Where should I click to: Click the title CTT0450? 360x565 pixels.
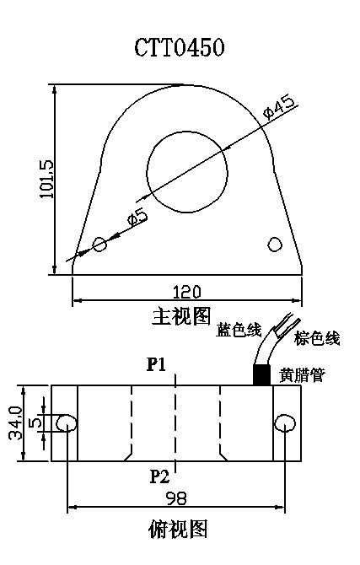180,47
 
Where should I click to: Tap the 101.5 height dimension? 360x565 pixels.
46,179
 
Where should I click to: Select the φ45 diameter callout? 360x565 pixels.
281,107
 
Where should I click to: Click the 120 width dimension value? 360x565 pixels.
186,293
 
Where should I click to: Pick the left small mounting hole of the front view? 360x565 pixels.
99,245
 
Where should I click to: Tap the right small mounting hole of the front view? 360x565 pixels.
275,245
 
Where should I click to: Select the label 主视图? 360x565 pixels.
181,316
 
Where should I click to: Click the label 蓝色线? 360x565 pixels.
239,330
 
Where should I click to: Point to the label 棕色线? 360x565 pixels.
317,338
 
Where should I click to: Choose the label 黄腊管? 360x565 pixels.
302,375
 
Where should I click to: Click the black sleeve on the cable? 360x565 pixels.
261,374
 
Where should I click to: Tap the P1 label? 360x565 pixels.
157,364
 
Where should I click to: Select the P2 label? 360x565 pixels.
159,476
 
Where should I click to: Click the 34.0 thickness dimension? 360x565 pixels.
16,423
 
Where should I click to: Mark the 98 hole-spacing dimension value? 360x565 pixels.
176,498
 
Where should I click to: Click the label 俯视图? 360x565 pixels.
178,530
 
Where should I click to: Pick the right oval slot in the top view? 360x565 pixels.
285,423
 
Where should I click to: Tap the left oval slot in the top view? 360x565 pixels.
67,423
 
